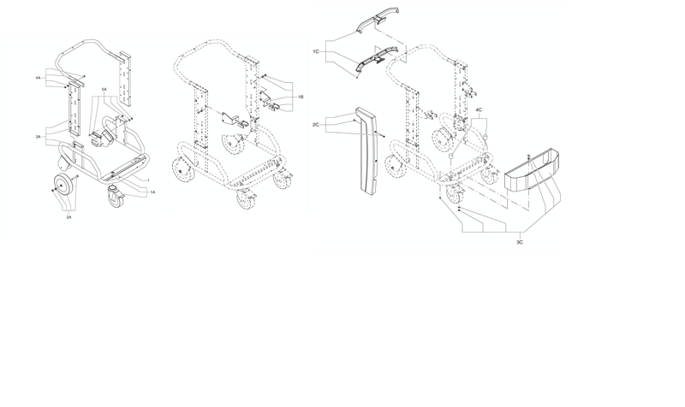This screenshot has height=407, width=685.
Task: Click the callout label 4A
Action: tap(38, 78)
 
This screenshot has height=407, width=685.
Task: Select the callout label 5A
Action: tap(104, 90)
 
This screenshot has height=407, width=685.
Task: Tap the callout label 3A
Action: tap(38, 137)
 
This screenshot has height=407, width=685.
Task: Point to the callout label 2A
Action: tap(68, 217)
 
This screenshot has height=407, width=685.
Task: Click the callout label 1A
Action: tap(152, 192)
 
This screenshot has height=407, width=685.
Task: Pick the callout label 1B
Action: tap(301, 97)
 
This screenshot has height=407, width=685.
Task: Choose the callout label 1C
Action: tap(315, 51)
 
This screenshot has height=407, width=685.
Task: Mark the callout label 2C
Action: tap(315, 125)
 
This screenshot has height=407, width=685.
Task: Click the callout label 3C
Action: tap(520, 242)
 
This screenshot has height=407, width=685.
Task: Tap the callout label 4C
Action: tap(479, 109)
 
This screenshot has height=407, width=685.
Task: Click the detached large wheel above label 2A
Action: tap(63, 186)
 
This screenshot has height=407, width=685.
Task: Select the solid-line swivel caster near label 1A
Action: tap(116, 197)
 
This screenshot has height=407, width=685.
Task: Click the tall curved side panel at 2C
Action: tap(368, 149)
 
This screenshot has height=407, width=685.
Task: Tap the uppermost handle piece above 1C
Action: tap(378, 19)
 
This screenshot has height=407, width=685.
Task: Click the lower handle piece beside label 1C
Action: tap(378, 59)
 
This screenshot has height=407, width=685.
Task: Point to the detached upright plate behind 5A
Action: tap(123, 79)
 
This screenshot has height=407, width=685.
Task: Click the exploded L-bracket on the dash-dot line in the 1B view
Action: tap(229, 117)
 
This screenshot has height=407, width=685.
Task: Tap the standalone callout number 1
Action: tap(148, 180)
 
